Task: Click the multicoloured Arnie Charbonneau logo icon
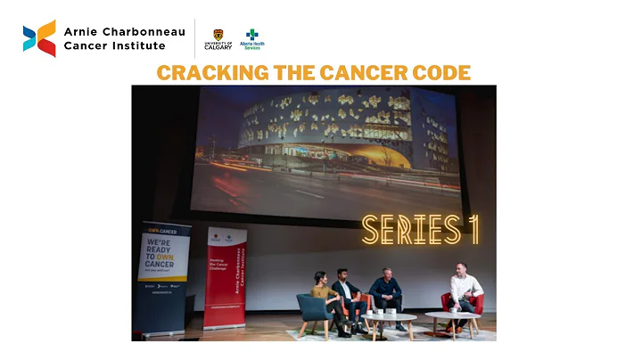coord(39,37)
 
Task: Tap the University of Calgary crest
coord(218,35)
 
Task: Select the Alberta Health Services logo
coord(252,39)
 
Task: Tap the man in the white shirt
coord(465,292)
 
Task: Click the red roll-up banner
coord(225,277)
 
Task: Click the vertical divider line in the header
coord(195,37)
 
